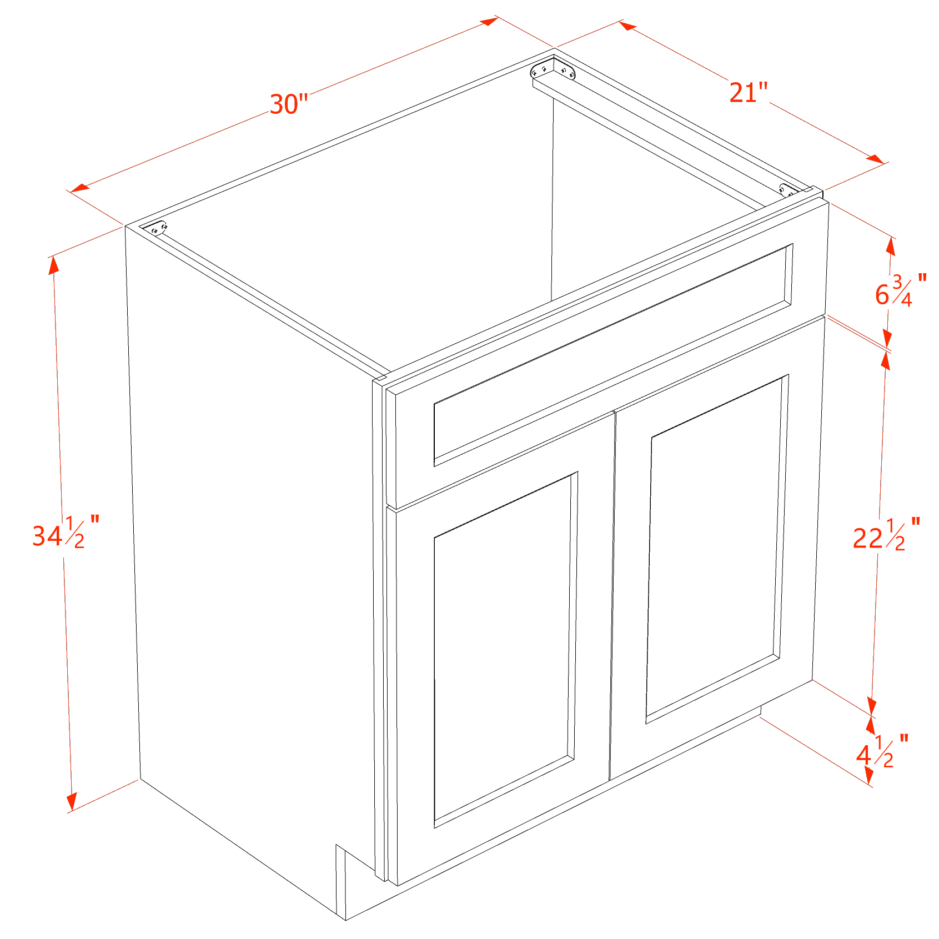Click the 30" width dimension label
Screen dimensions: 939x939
pos(288,104)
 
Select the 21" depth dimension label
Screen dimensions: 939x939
pos(747,92)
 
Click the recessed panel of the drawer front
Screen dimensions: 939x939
pos(611,355)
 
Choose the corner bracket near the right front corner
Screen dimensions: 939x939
pos(789,190)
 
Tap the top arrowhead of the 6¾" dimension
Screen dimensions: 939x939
pos(891,246)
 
